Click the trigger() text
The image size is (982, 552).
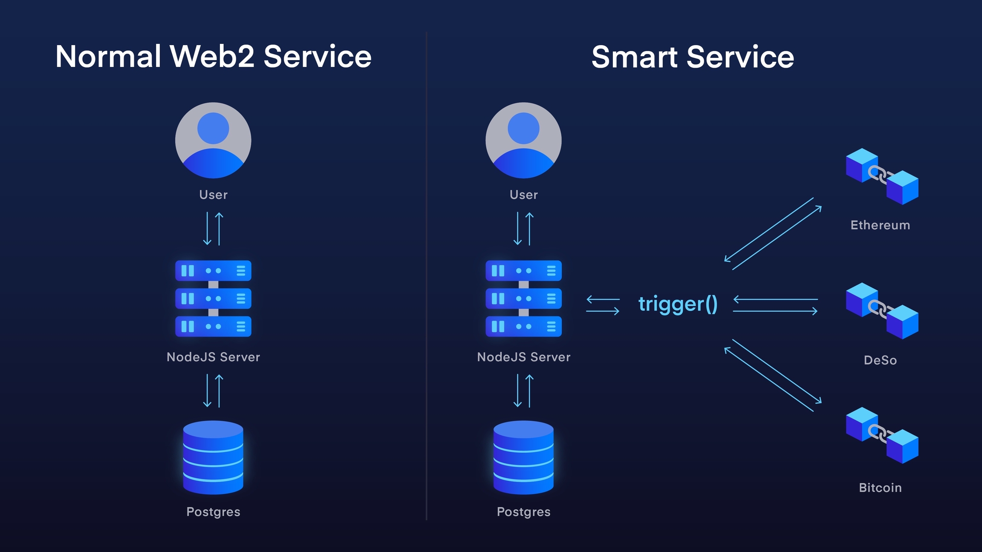[678, 304]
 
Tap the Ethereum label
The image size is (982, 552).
[880, 225]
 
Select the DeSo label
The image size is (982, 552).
[880, 360]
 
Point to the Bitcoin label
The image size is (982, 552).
[880, 488]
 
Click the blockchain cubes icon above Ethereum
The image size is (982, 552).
[882, 176]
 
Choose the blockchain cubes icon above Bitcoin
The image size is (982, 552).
[882, 435]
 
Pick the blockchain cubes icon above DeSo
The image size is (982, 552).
[882, 311]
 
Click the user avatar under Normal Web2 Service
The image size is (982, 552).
[213, 140]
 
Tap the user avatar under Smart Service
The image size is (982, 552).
[523, 140]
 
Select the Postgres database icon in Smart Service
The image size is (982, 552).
[523, 457]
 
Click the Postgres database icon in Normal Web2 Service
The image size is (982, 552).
[213, 457]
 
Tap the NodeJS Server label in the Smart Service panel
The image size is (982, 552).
[523, 357]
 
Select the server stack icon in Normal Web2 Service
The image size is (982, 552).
[213, 298]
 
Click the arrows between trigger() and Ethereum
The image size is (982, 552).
[773, 234]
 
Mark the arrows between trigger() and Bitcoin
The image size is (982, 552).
[773, 375]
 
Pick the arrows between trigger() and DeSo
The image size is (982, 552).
[775, 305]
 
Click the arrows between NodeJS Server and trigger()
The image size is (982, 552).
[603, 305]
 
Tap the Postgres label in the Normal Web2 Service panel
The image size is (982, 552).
[213, 512]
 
